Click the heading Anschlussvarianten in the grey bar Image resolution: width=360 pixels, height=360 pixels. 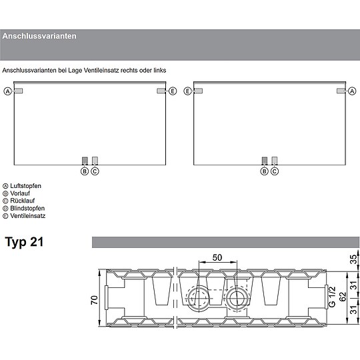click(x=39, y=36)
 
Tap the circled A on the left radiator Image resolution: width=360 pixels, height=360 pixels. click(x=7, y=91)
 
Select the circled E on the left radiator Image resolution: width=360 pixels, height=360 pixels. click(x=173, y=91)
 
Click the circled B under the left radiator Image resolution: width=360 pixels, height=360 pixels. click(x=85, y=171)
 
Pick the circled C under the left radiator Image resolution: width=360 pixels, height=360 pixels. click(x=95, y=171)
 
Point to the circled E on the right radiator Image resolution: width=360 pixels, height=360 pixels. click(x=187, y=91)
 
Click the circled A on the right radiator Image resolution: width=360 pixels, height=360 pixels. click(x=352, y=91)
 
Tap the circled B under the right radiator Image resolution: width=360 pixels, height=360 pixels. click(x=265, y=171)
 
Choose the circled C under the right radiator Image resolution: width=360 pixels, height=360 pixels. click(x=275, y=171)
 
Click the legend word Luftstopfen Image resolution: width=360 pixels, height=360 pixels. click(x=26, y=186)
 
